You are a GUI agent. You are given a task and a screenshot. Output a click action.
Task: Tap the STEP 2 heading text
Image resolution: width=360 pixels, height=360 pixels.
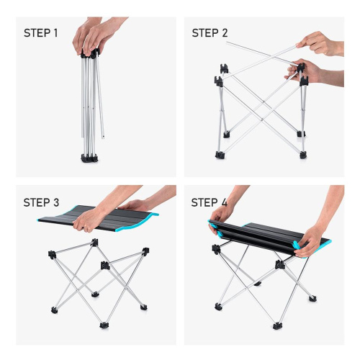(211, 33)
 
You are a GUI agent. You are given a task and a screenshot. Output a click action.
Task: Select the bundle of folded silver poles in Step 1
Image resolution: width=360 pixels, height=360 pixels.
(91, 101)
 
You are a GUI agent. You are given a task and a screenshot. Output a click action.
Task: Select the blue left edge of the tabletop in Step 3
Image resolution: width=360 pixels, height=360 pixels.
(51, 215)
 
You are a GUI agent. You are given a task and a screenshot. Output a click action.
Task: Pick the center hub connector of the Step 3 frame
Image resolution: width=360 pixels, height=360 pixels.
(106, 265)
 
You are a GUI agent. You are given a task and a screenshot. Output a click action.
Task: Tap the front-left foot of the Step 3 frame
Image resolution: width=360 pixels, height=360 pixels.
(55, 310)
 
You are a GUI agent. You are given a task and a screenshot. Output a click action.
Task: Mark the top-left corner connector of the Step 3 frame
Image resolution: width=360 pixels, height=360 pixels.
(51, 254)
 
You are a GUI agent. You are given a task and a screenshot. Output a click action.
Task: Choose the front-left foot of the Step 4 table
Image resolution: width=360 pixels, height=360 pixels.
(218, 307)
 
